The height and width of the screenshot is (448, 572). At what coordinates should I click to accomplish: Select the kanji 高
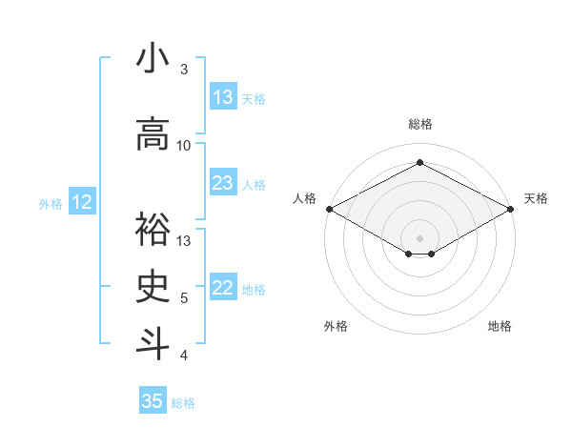coord(153,134)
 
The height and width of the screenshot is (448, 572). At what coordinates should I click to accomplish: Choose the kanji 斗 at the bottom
coord(153,344)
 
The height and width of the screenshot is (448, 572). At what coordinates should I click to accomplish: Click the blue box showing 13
coord(223,97)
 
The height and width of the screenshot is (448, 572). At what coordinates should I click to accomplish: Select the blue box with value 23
coord(223,183)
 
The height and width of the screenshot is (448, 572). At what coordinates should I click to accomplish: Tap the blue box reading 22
coord(223,288)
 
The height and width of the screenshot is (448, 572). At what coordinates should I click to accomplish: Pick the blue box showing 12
coord(81,202)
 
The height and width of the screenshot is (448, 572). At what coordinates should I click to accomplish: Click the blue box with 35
coord(153,401)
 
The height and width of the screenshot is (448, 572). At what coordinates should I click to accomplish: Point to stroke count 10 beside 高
coord(184,146)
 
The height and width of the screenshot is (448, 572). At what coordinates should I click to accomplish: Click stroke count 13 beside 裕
coord(184,240)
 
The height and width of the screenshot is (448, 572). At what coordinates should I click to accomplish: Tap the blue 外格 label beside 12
coord(50,203)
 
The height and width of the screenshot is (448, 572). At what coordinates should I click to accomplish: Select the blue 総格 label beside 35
coord(183,402)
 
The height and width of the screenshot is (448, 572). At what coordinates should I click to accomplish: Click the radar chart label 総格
coord(419,125)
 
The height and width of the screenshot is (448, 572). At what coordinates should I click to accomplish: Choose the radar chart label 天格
coord(536,199)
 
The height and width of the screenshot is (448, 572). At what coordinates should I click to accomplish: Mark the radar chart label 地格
coord(500,327)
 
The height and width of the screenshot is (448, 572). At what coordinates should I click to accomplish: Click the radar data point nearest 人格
coord(329,209)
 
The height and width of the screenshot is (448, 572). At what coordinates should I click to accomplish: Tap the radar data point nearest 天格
coord(511,209)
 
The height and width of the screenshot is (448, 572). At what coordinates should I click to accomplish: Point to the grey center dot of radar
coord(419,236)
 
